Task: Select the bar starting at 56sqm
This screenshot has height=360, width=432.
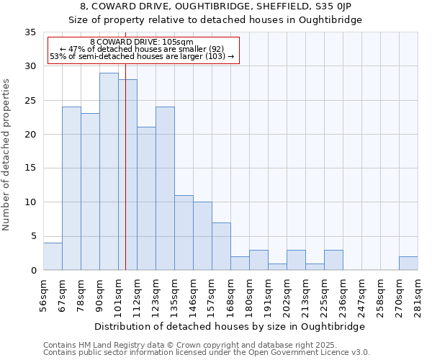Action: click(x=53, y=256)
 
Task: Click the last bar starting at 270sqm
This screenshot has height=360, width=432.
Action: click(x=408, y=264)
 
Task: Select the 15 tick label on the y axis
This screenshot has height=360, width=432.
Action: click(x=30, y=168)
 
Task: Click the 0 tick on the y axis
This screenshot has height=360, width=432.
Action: click(x=33, y=271)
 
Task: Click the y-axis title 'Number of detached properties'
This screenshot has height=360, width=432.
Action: click(x=8, y=154)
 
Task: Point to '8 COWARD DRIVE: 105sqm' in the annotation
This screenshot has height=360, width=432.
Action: click(x=142, y=42)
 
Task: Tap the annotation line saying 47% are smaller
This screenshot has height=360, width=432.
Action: click(x=142, y=49)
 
